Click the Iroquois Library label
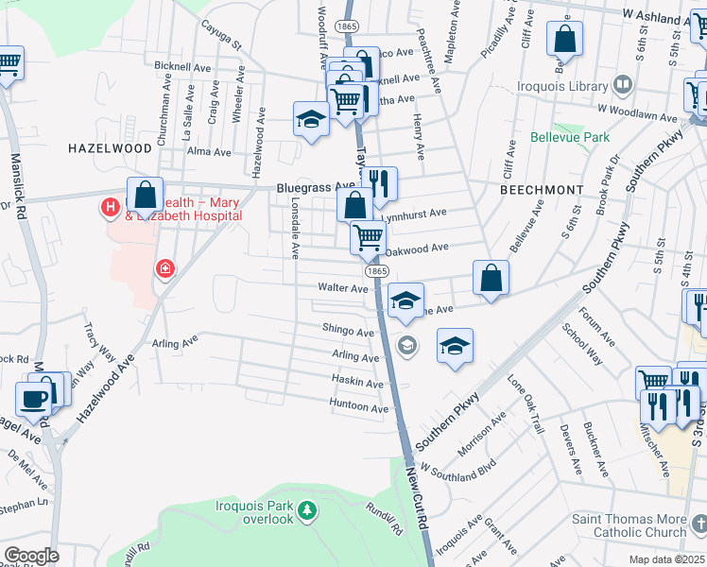(562, 86)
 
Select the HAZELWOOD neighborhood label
(110, 148)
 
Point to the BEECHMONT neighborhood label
(542, 189)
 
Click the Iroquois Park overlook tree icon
(306, 511)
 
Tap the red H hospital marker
(111, 205)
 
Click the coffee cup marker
(34, 399)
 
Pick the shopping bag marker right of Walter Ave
(491, 278)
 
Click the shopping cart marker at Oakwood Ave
(368, 237)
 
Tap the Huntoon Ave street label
(359, 408)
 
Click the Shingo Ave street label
(348, 331)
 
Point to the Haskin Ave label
(357, 384)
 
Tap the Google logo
(31, 556)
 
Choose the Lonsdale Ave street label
(295, 228)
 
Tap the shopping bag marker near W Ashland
(564, 40)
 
